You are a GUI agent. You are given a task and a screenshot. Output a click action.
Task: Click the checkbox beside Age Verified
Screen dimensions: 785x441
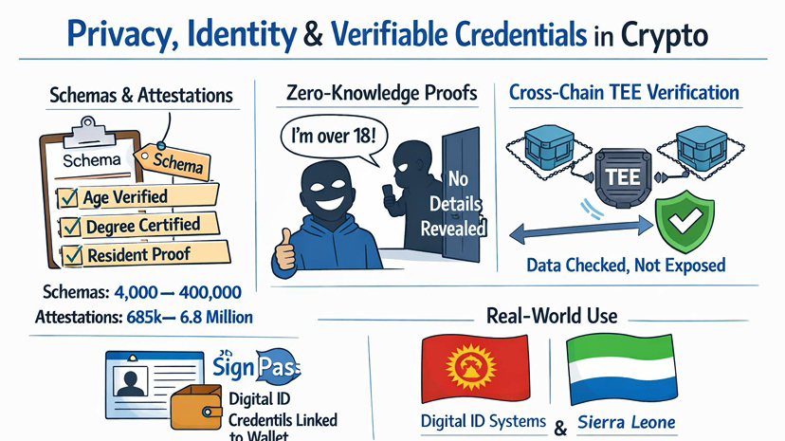coord(69,198)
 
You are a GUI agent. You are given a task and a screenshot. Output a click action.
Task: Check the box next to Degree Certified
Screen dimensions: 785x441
coord(69,228)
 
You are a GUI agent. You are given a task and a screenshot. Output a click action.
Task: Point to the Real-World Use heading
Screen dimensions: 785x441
coord(551,315)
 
